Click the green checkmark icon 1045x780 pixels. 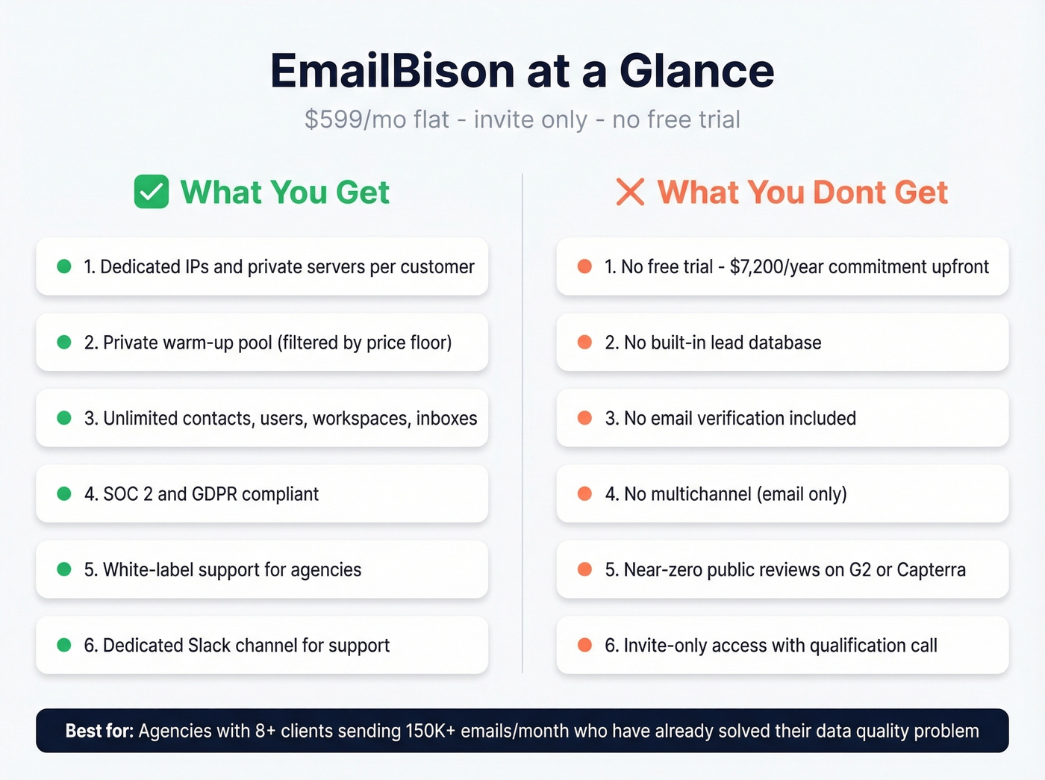click(x=151, y=192)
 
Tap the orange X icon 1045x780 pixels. click(x=630, y=192)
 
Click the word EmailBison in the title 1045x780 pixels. click(x=393, y=71)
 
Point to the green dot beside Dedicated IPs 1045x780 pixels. click(x=64, y=266)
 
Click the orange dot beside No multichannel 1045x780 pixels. click(x=584, y=493)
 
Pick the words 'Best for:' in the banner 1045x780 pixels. click(x=99, y=731)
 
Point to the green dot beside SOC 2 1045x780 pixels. click(x=64, y=493)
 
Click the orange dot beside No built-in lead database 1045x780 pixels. click(x=584, y=342)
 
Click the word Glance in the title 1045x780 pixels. click(x=696, y=71)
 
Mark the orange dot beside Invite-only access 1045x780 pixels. click(x=584, y=645)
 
